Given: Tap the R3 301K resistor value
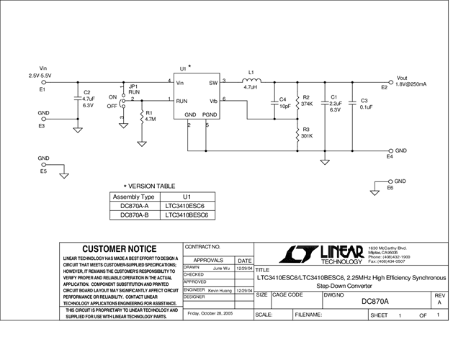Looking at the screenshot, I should tap(306, 135).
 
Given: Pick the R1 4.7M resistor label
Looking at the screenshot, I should tap(150, 116).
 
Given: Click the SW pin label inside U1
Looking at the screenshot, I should tap(212, 82).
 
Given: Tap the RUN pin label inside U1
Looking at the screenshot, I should tap(182, 101).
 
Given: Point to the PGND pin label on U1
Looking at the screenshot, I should tap(210, 115).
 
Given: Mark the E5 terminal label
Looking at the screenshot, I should tap(43, 172).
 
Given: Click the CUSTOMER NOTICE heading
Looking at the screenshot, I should tap(120, 249).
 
